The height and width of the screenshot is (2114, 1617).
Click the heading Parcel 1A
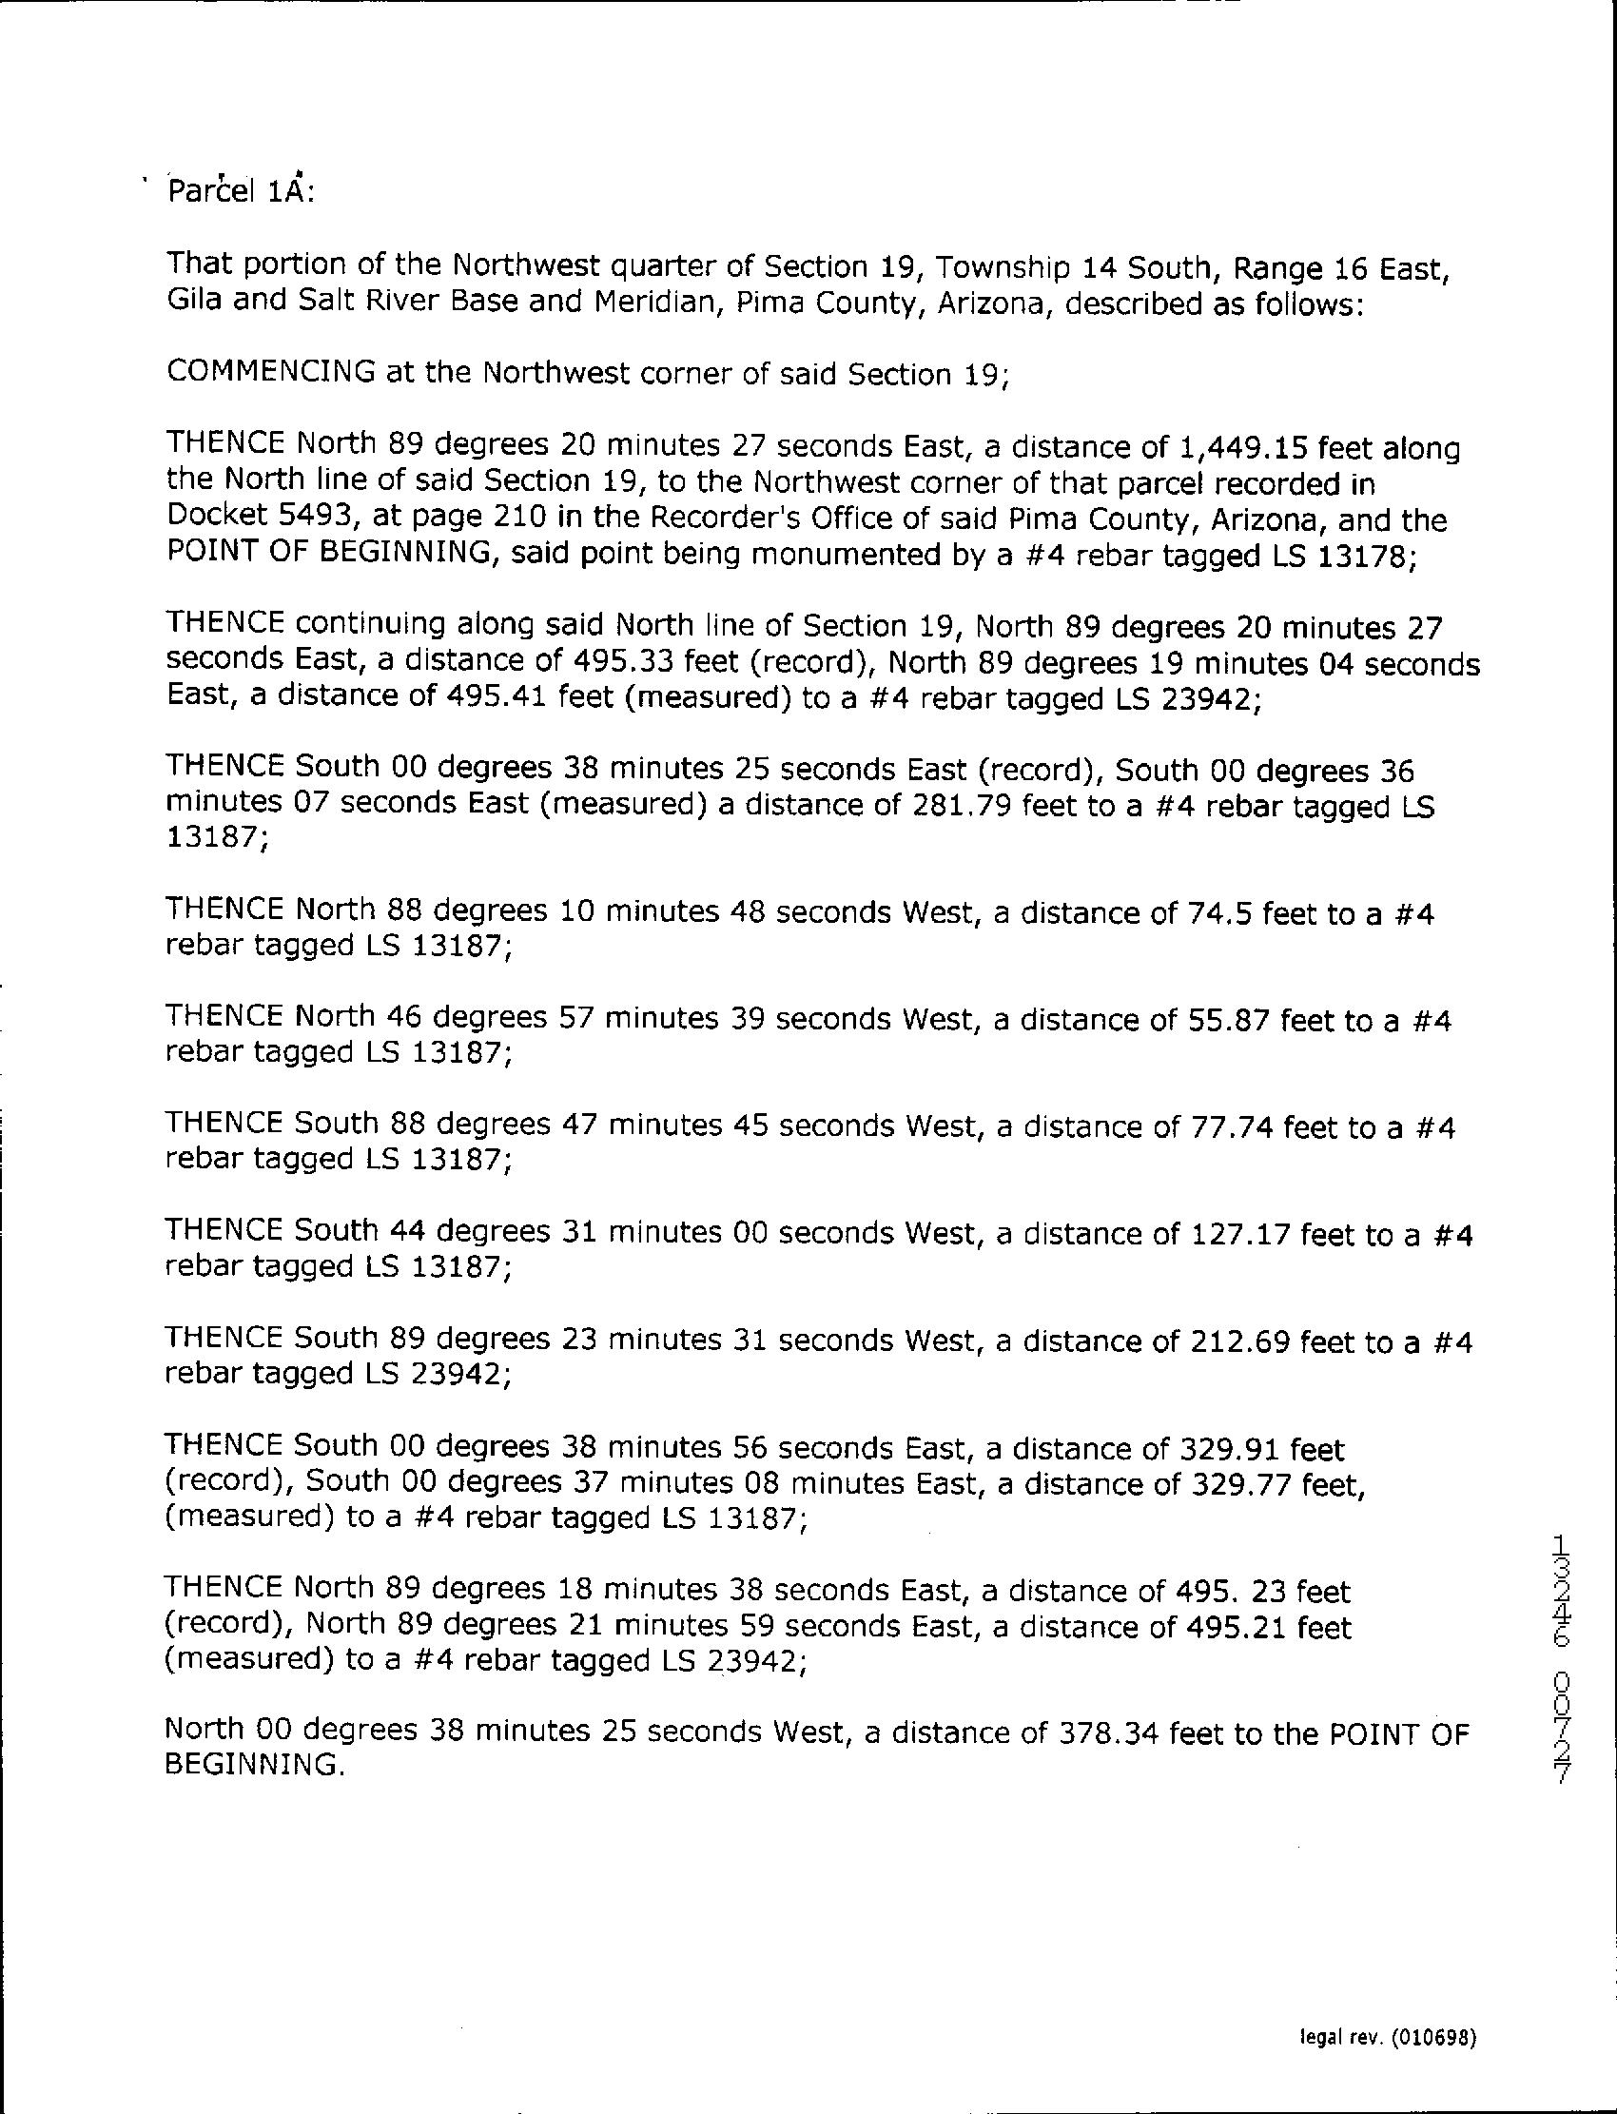pos(241,191)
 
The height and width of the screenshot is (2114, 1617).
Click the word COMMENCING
pos(270,373)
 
